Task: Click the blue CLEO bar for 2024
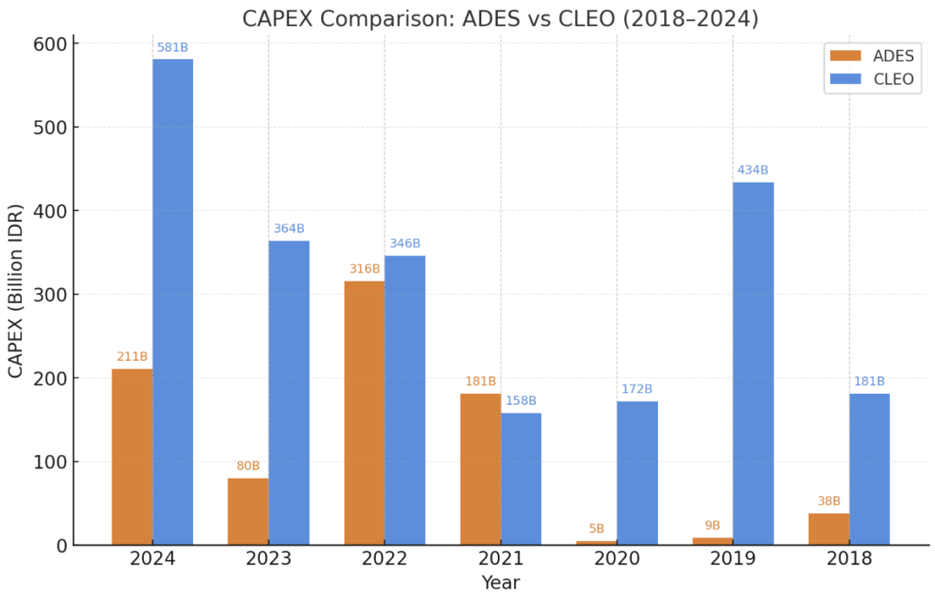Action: tap(173, 302)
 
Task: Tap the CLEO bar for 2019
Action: tap(752, 363)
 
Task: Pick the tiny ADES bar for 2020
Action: tap(596, 543)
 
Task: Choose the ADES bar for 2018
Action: tap(829, 529)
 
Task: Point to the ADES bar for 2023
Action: tap(248, 511)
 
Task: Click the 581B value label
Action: tap(172, 48)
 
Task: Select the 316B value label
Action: tap(364, 269)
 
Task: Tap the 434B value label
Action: tap(752, 170)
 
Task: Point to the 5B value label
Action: tap(596, 529)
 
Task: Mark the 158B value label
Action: tap(521, 401)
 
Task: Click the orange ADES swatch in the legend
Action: tap(846, 55)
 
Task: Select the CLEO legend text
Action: tap(893, 79)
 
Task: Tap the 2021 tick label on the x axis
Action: tap(500, 558)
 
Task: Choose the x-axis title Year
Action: tap(500, 582)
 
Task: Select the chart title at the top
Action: tap(500, 18)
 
